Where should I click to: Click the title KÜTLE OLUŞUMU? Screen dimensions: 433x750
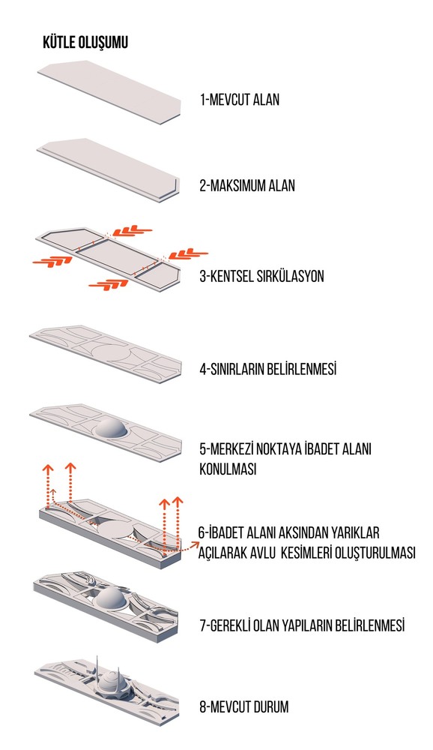tap(85, 42)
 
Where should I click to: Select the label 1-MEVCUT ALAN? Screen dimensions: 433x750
tap(240, 100)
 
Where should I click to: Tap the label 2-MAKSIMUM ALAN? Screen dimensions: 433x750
tap(247, 185)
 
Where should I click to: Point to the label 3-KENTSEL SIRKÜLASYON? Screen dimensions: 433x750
tap(262, 276)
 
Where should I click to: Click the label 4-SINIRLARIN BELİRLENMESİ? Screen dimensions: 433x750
tap(268, 369)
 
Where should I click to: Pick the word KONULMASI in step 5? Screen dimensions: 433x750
tap(228, 469)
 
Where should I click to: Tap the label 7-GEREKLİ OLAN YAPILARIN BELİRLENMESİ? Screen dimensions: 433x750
tap(302, 625)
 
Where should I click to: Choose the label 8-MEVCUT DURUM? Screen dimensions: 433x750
tap(244, 706)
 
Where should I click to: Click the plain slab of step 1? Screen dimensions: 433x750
tap(109, 92)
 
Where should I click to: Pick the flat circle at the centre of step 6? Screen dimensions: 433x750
tap(116, 529)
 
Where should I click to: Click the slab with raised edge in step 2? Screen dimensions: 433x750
tap(109, 169)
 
